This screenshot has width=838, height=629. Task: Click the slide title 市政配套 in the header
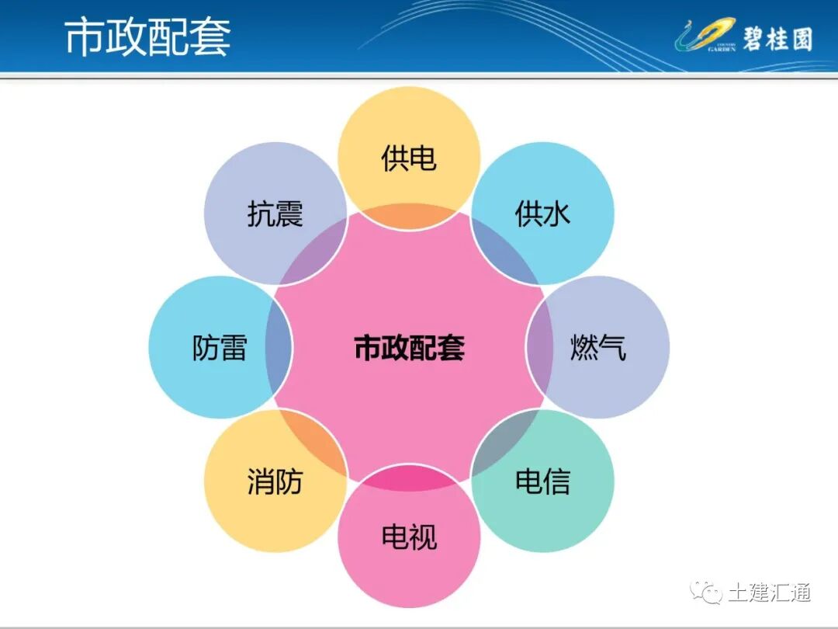coord(147,36)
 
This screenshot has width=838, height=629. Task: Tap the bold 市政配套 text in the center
coord(409,348)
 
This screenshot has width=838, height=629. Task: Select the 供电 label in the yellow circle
coord(409,158)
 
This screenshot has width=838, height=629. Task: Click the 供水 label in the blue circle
coord(542,214)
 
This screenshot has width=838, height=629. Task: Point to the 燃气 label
coord(597,347)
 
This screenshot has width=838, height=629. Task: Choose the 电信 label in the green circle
coord(542,481)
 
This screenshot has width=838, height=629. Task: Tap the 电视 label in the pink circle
coord(409,537)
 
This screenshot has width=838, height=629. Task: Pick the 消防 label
coord(275,481)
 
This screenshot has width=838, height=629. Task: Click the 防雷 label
coord(220,348)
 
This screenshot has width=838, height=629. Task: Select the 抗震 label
coord(275,214)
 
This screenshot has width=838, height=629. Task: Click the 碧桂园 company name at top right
coord(777,37)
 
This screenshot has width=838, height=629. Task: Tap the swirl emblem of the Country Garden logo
coord(702,35)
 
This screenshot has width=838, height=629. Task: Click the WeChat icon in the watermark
coord(708,593)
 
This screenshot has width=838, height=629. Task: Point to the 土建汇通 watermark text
coord(769,593)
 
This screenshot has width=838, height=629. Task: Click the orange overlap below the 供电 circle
coord(409,217)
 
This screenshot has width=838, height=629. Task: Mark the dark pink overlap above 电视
coord(409,478)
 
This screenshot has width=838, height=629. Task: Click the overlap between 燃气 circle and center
coord(540,347)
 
